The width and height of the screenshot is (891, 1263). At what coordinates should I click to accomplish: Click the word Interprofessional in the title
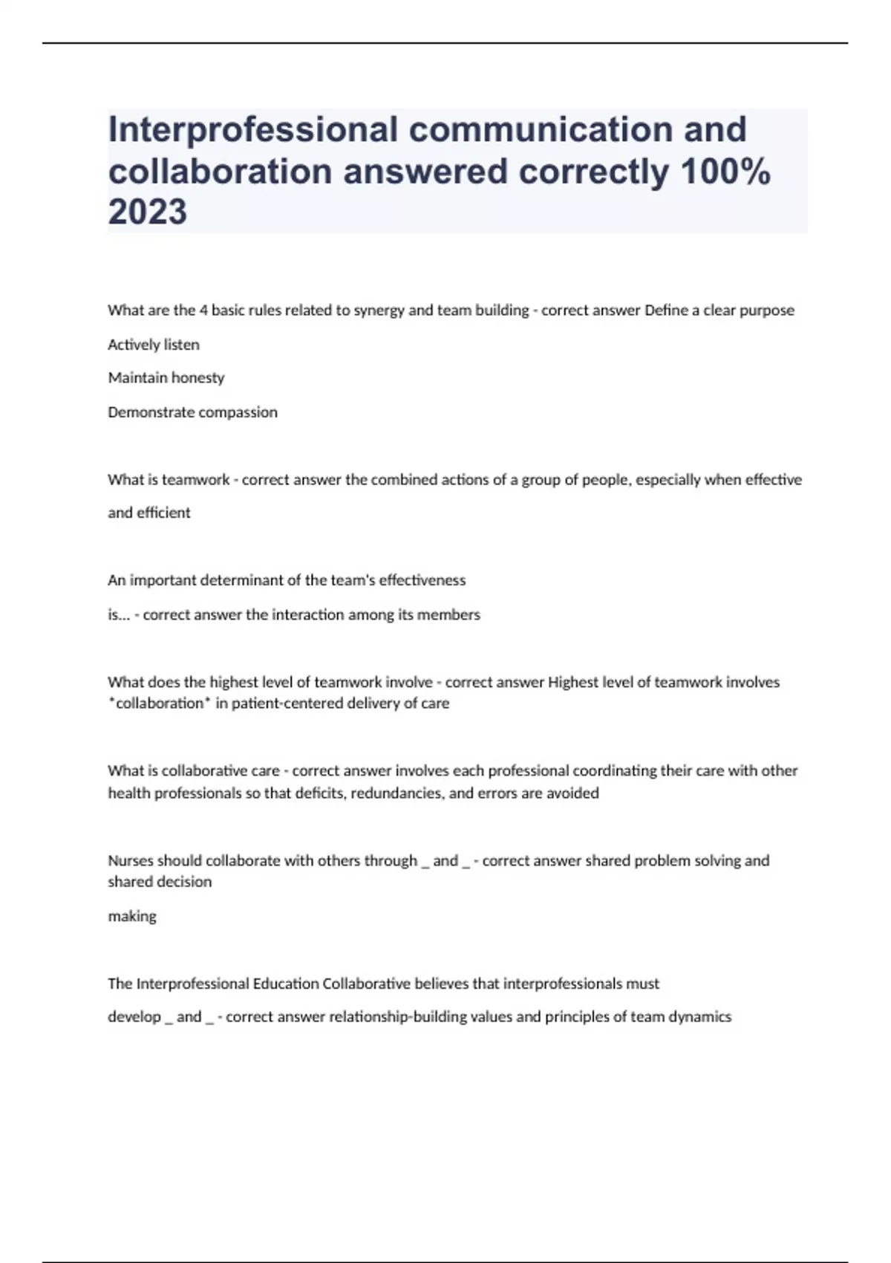click(252, 129)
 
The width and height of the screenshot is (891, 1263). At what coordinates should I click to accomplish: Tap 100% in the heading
click(725, 172)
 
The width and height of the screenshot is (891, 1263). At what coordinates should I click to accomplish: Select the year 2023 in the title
click(148, 212)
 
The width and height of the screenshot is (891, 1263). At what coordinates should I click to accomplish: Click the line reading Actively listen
click(154, 345)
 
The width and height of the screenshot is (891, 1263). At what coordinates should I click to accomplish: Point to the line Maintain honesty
click(166, 378)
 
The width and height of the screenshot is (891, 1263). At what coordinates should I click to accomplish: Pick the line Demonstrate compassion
click(193, 412)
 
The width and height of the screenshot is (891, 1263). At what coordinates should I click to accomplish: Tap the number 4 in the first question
click(203, 311)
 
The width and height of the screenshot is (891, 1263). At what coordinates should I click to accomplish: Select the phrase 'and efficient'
click(149, 513)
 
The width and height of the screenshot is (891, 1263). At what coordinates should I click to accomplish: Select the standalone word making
click(132, 917)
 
